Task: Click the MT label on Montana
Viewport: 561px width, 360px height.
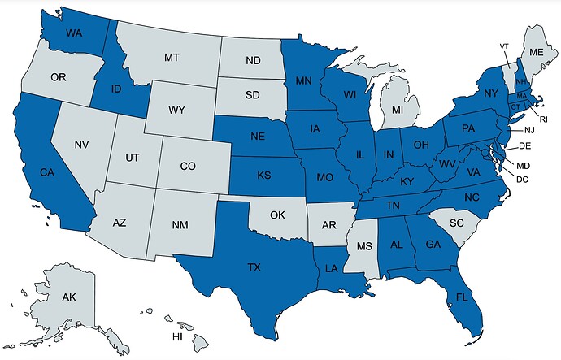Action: point(171,58)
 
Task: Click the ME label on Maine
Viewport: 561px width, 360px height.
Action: point(535,51)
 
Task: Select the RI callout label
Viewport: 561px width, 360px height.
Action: point(544,119)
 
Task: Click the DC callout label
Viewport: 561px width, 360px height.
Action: point(522,179)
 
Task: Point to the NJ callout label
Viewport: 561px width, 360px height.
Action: point(529,130)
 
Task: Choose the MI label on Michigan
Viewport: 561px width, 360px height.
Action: point(398,108)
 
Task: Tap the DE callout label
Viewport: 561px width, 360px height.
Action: point(524,145)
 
